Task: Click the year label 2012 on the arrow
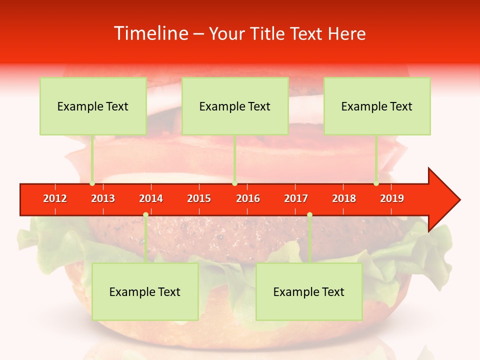click(x=55, y=198)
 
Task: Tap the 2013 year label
click(x=103, y=198)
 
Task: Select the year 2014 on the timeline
click(x=151, y=198)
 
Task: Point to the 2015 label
click(x=199, y=198)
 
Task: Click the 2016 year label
click(x=248, y=198)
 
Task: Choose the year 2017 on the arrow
click(x=296, y=198)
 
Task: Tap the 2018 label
click(x=344, y=198)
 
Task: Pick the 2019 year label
click(x=392, y=198)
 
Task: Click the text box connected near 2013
click(x=93, y=106)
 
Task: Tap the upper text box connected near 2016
click(x=235, y=106)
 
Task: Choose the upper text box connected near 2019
click(x=377, y=106)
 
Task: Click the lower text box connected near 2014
click(x=145, y=292)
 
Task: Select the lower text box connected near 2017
click(x=309, y=292)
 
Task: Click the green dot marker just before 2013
click(x=92, y=183)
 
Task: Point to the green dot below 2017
click(x=309, y=214)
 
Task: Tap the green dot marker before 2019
click(x=376, y=183)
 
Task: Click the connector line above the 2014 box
click(x=145, y=240)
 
